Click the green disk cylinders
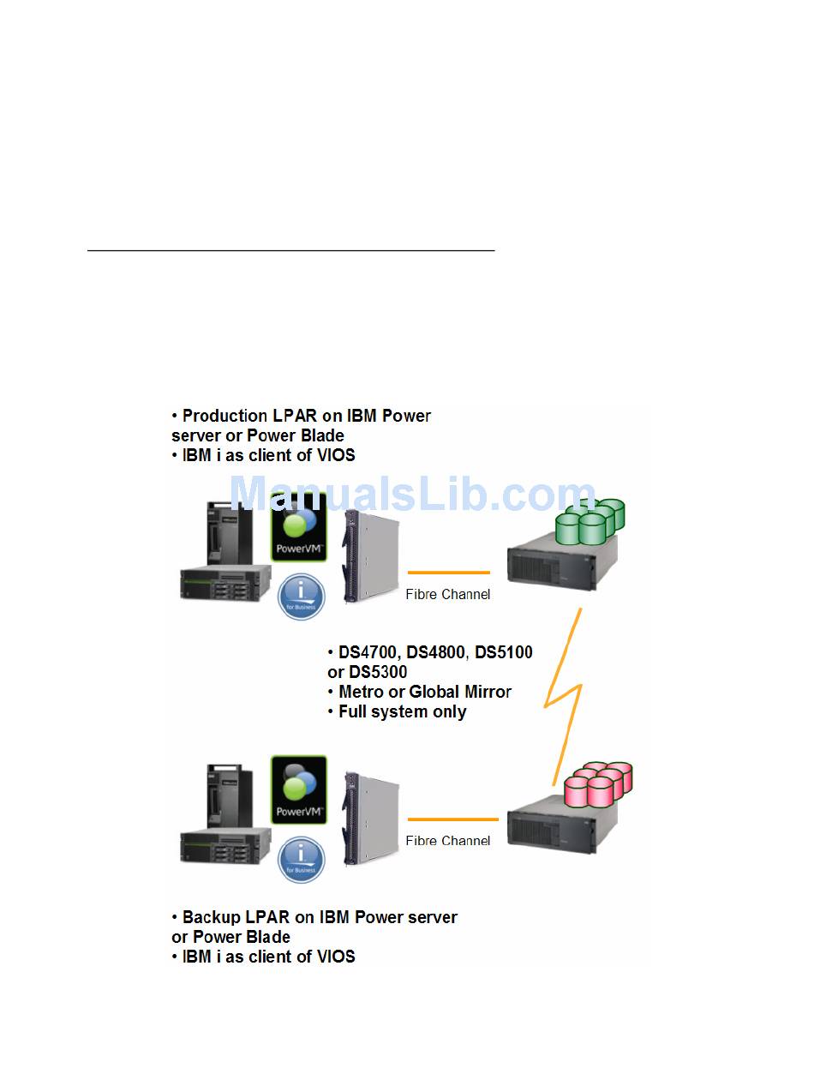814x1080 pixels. pyautogui.click(x=591, y=522)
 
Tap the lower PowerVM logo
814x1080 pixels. pyautogui.click(x=298, y=789)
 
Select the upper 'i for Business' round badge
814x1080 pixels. pyautogui.click(x=302, y=597)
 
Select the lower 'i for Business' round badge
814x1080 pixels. pyautogui.click(x=302, y=860)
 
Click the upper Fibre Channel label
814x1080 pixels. pyautogui.click(x=448, y=594)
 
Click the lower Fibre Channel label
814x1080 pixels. pyautogui.click(x=448, y=841)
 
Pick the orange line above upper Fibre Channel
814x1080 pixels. pyautogui.click(x=448, y=572)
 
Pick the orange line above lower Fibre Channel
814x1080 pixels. pyautogui.click(x=452, y=819)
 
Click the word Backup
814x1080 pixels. pyautogui.click(x=210, y=917)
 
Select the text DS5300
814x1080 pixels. pyautogui.click(x=378, y=672)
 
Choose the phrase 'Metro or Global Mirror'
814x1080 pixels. pyautogui.click(x=425, y=692)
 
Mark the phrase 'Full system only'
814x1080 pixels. pyautogui.click(x=403, y=711)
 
